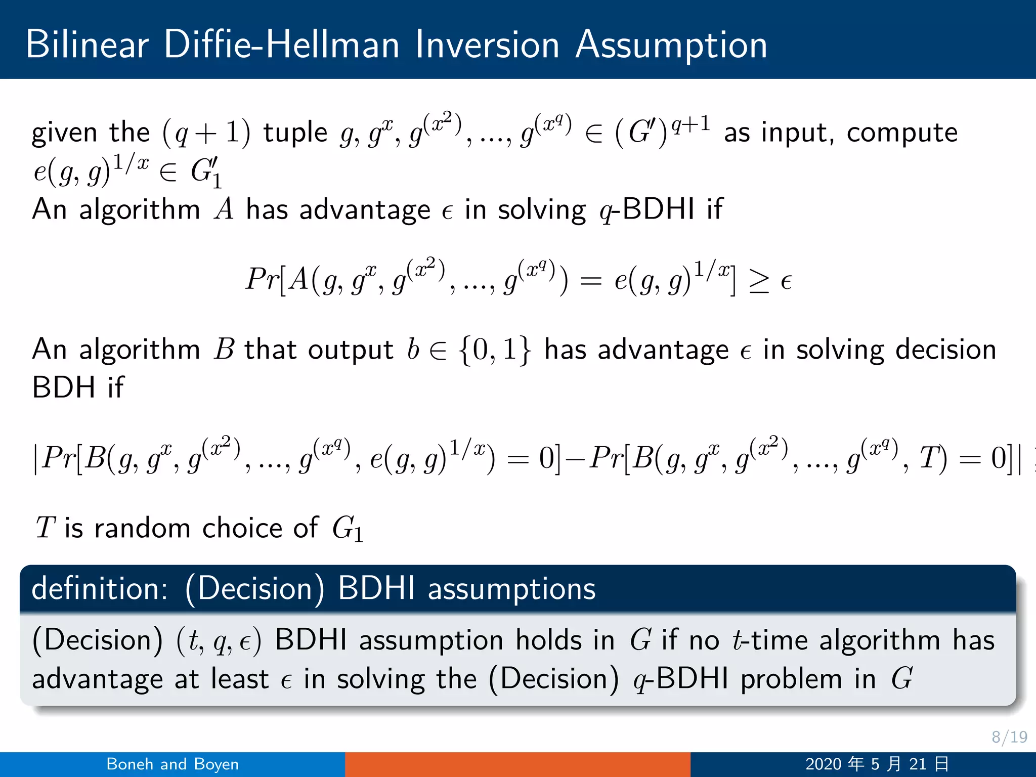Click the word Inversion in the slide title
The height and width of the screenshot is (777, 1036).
487,45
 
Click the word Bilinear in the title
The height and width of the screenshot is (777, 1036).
87,45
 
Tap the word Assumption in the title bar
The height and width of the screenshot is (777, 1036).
671,46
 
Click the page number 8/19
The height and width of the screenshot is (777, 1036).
1009,737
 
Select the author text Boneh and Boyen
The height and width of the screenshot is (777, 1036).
172,764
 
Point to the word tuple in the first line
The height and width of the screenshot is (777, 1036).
295,133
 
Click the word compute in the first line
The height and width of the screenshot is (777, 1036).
902,133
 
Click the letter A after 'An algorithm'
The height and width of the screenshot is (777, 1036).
224,209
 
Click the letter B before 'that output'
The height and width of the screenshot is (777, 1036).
224,350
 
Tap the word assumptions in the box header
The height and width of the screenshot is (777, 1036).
511,589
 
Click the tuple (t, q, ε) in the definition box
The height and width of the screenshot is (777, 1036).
219,641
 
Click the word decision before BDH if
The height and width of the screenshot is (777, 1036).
896,350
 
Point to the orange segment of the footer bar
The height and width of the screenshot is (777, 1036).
517,764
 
